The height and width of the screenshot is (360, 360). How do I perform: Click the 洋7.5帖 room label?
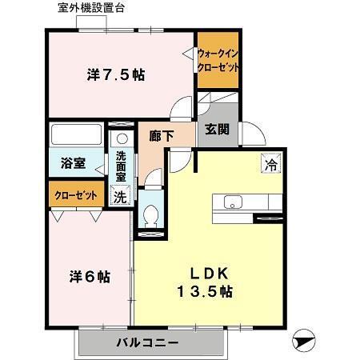point(116,76)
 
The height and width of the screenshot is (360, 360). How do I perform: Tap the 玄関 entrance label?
point(217,129)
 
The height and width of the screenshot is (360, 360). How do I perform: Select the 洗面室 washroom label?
point(120,166)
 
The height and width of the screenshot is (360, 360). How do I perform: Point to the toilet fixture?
point(150,215)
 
